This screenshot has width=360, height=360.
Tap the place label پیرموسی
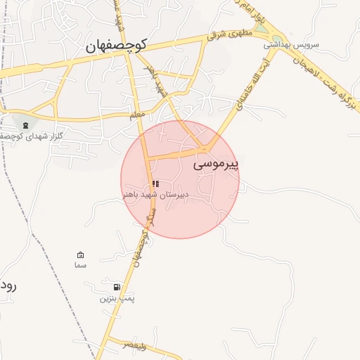[x=216, y=164]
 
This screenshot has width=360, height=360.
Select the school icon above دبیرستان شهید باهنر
[x=155, y=184]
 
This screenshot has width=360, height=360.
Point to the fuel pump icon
[x=117, y=288]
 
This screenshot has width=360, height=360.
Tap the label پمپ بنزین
[x=117, y=298]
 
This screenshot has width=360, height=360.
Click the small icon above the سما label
[x=80, y=255]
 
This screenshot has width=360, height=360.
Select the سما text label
[x=80, y=266]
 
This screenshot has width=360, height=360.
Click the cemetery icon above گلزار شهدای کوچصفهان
[x=26, y=125]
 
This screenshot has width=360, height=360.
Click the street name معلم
[x=137, y=113]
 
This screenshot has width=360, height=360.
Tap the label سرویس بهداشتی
[x=291, y=44]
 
